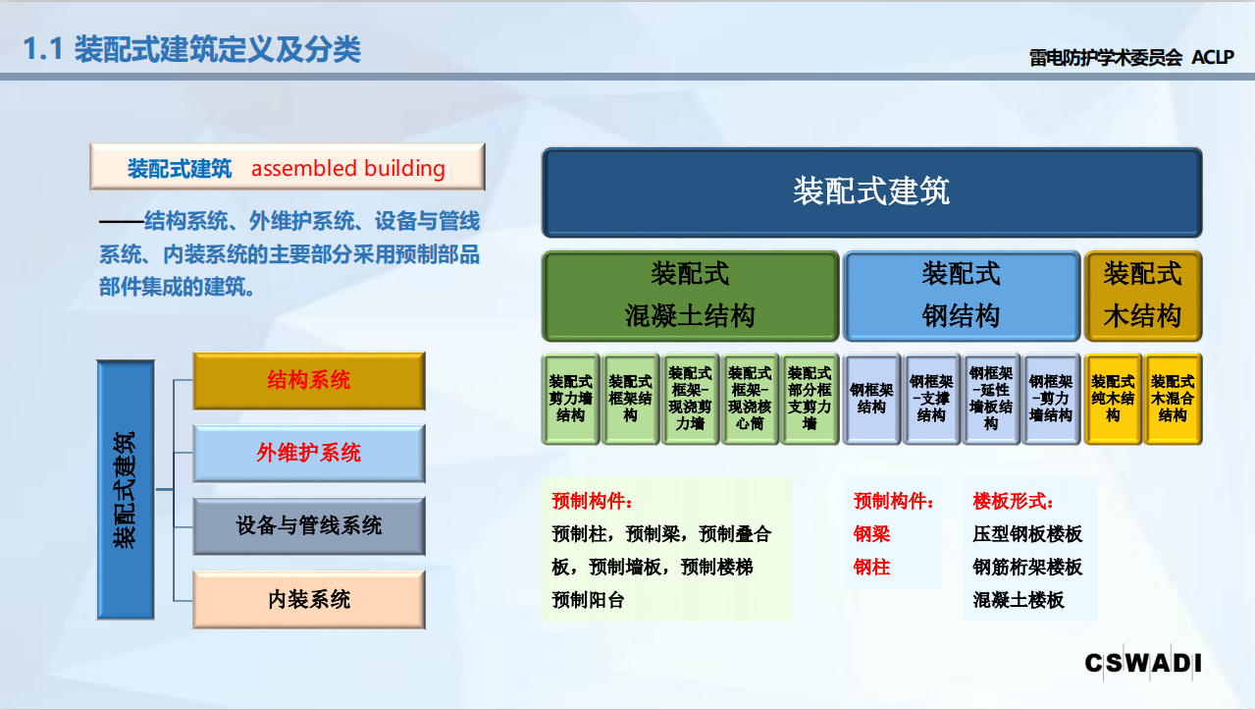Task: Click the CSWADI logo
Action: (x=1143, y=663)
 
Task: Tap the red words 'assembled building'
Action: (x=348, y=168)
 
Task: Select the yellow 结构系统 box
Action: (x=309, y=381)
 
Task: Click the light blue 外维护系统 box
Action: (x=309, y=453)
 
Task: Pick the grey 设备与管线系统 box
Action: (x=309, y=526)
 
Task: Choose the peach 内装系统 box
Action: (x=309, y=599)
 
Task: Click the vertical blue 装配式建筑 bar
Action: (x=126, y=490)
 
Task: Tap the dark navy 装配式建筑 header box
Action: (x=871, y=192)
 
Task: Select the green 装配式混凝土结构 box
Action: (x=690, y=296)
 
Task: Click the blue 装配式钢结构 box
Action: (x=962, y=296)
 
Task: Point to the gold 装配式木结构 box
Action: (x=1143, y=296)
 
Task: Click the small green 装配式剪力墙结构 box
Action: (x=570, y=399)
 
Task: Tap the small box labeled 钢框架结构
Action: (x=871, y=399)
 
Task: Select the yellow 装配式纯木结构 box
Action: (x=1113, y=399)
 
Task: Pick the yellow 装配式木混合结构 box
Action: (x=1173, y=399)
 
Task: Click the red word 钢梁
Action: (x=871, y=534)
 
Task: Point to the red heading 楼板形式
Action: (x=1013, y=501)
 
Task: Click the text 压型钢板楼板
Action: (x=1027, y=534)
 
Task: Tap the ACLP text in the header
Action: (x=1213, y=57)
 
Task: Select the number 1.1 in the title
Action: (x=42, y=49)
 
